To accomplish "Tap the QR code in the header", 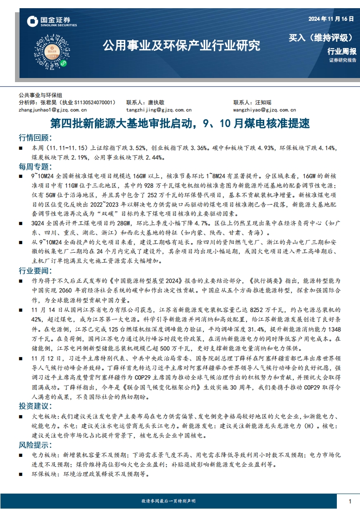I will click(x=50, y=49).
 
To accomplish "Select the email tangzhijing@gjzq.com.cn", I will click(x=159, y=110).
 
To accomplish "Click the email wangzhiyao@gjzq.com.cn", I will click(x=265, y=110).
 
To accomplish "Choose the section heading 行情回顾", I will click(x=35, y=138).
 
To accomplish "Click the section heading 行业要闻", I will click(x=35, y=271).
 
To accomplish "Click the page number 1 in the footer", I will click(x=350, y=501).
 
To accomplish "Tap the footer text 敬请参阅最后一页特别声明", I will click(x=168, y=501).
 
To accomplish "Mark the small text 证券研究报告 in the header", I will click(x=343, y=60).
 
